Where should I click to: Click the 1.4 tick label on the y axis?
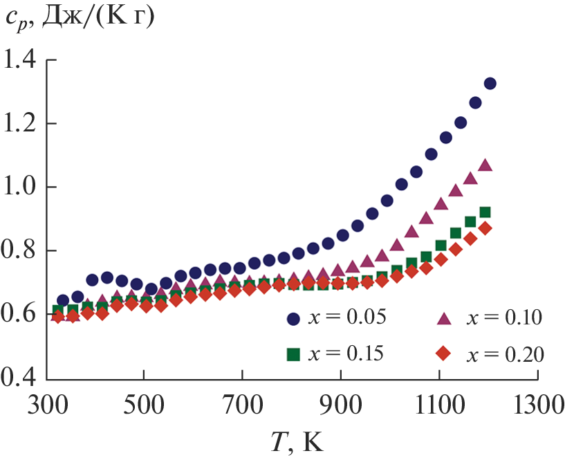[x=21, y=60]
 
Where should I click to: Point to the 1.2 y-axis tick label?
[x=21, y=124]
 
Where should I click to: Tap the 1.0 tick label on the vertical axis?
[x=21, y=187]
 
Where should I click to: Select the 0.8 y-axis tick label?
[x=21, y=251]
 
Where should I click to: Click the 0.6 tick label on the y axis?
[x=21, y=315]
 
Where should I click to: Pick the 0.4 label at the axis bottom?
[x=21, y=378]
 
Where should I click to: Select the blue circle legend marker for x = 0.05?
[x=293, y=318]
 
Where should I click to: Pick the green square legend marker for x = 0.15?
[x=293, y=353]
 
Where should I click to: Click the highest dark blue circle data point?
[x=490, y=84]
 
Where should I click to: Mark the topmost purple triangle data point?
[x=485, y=165]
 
